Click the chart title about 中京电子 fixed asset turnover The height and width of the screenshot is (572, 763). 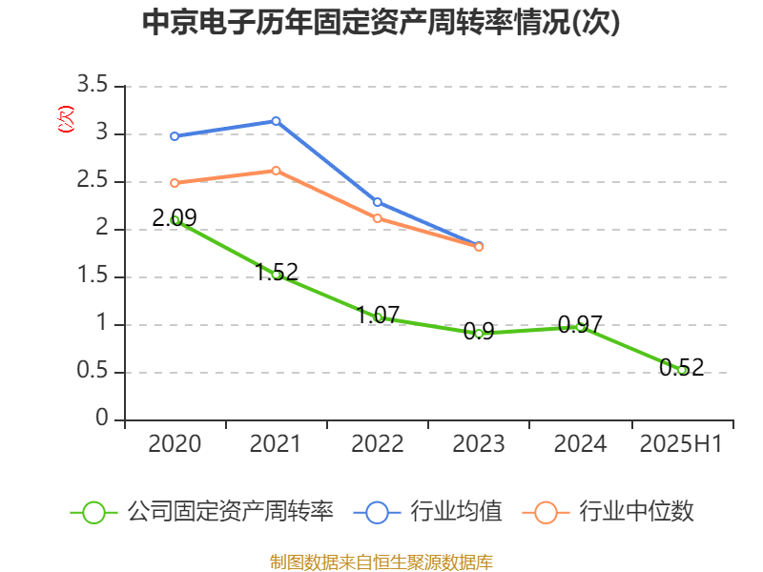point(381,23)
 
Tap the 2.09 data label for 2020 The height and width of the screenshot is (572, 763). point(175,218)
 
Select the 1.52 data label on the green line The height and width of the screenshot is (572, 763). point(277,273)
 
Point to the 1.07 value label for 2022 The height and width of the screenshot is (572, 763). point(378,316)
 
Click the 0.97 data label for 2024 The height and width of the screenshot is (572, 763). point(580,324)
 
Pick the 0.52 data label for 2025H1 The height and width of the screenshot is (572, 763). point(681,367)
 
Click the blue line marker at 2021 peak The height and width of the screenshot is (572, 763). point(276,121)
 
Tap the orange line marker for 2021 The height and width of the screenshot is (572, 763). point(276,171)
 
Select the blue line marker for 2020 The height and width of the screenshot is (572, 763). point(175,136)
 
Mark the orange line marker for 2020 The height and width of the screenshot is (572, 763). point(175,183)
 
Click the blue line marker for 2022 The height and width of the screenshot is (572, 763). point(378,202)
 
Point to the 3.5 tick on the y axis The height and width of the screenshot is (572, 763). point(93,87)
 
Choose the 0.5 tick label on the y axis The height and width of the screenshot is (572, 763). point(93,373)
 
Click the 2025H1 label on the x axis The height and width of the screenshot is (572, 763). point(681,444)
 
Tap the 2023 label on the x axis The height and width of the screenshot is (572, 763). point(479,444)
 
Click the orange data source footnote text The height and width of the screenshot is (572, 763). point(381,562)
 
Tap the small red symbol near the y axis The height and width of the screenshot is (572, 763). point(65,119)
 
